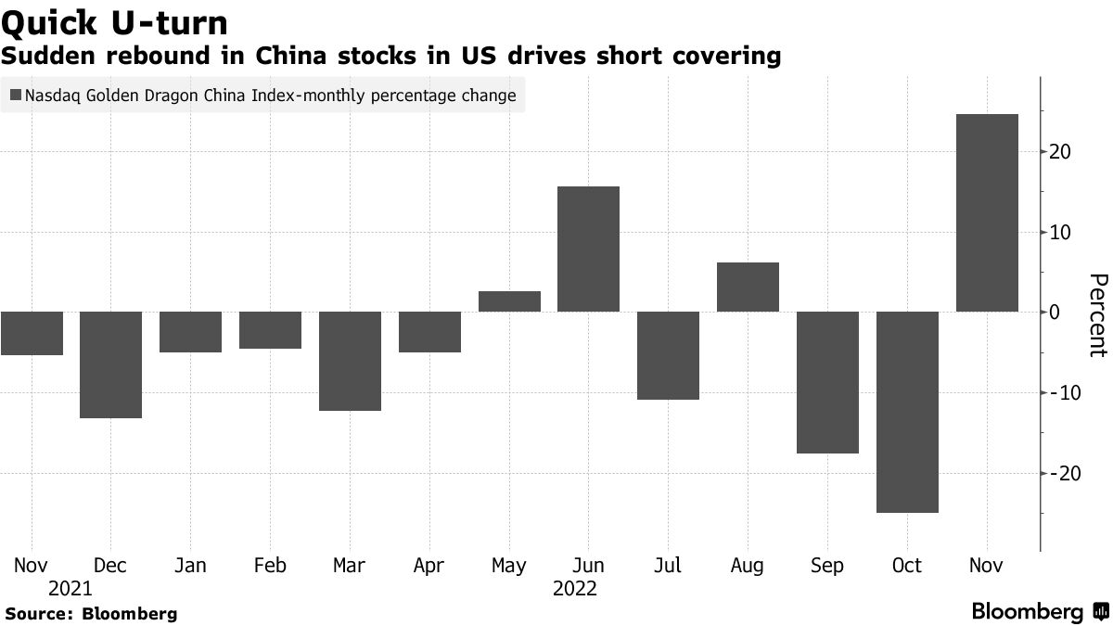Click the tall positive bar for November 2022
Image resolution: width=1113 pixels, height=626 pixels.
[987, 212]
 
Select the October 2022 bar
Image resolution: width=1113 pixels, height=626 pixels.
[907, 412]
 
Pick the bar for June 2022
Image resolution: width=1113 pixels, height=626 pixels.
[588, 249]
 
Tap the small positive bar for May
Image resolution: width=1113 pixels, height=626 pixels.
[509, 301]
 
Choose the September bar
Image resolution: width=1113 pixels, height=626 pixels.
[827, 382]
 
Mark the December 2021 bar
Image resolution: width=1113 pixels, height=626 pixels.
[110, 364]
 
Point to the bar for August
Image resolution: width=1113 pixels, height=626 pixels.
[748, 287]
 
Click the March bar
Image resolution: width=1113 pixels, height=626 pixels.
[350, 361]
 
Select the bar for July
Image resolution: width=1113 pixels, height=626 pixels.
[668, 355]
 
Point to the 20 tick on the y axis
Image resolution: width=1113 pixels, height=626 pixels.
[1060, 152]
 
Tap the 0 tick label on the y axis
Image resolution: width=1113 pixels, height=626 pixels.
[1055, 313]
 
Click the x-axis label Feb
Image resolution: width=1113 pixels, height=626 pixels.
[270, 566]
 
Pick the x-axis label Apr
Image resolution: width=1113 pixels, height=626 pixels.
[429, 566]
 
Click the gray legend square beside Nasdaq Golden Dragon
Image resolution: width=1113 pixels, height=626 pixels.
[15, 96]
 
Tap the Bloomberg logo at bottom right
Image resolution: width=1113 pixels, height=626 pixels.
[1039, 611]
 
